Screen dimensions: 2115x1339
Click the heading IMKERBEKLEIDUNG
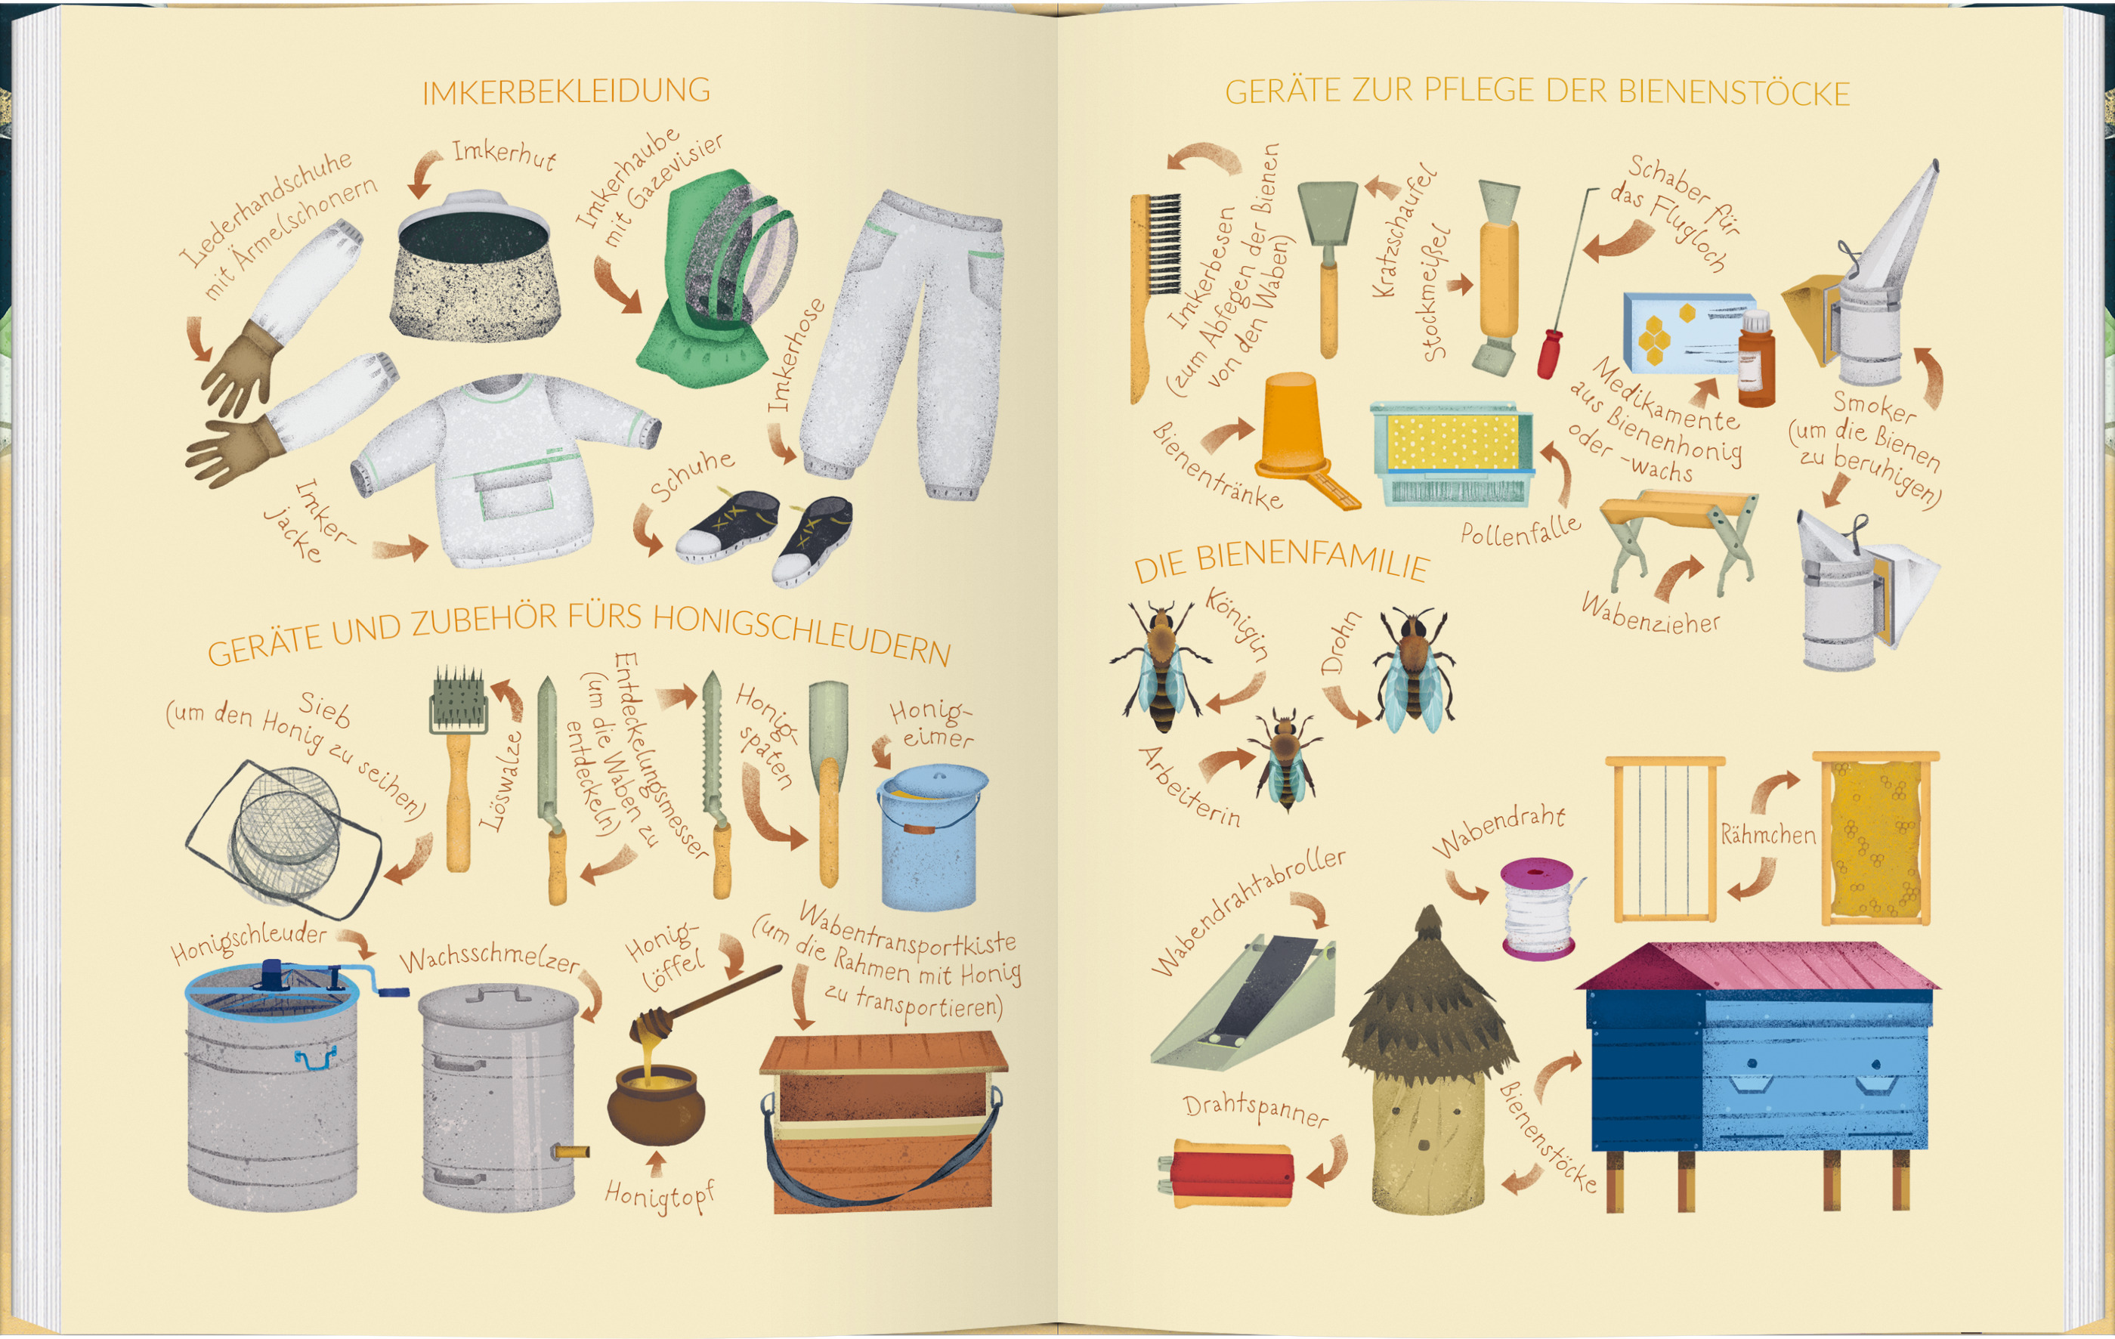567,91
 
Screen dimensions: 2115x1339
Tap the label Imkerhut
504,155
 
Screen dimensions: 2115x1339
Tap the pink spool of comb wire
1538,907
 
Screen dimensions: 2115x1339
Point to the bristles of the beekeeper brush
1164,244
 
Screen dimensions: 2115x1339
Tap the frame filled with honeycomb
1875,838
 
